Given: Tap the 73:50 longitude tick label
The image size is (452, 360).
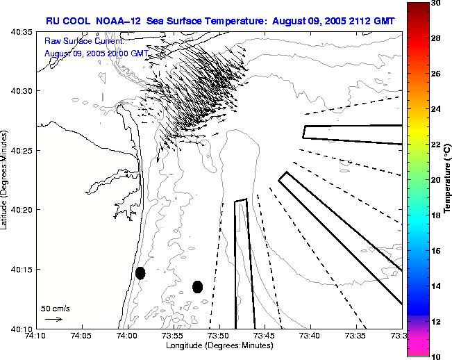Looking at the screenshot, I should (219, 336).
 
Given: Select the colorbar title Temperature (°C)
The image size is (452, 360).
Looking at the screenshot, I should (448, 179).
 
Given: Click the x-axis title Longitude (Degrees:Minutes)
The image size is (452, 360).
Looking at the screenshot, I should (218, 345).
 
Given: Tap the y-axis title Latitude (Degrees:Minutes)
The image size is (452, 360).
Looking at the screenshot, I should (6, 179).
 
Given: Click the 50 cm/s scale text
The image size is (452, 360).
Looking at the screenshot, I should (55, 308).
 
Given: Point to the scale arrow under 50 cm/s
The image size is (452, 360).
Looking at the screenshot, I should (53, 319).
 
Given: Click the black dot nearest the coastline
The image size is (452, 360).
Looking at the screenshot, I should (140, 273).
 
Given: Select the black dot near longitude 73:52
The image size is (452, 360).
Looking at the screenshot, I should (197, 286).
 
